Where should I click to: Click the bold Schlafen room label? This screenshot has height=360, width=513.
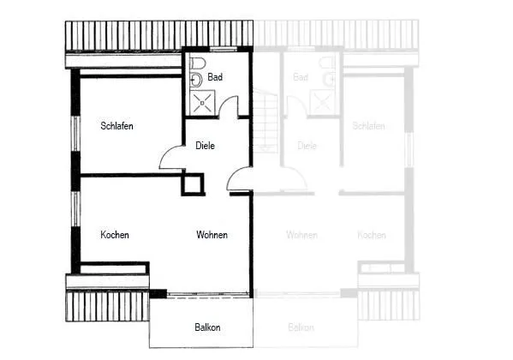point(116,126)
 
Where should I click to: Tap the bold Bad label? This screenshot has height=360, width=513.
point(215,77)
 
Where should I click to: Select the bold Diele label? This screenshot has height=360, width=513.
point(206,146)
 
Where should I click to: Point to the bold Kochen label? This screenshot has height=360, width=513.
point(115,235)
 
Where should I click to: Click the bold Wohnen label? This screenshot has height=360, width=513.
point(212,235)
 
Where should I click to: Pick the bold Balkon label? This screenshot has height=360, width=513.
point(207,327)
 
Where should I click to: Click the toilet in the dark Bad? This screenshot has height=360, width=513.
point(197,63)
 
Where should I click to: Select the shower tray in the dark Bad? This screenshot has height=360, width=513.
point(202,103)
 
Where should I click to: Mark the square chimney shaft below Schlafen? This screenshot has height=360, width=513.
point(193,184)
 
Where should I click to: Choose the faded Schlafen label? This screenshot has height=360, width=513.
point(368,126)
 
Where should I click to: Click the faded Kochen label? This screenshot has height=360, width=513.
point(372,235)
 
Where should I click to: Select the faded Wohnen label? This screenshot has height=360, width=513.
point(301,235)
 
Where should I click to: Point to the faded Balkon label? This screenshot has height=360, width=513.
point(301,327)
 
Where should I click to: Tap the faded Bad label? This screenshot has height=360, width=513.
point(301,77)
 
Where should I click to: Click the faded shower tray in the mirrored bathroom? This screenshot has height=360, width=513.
point(322,103)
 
